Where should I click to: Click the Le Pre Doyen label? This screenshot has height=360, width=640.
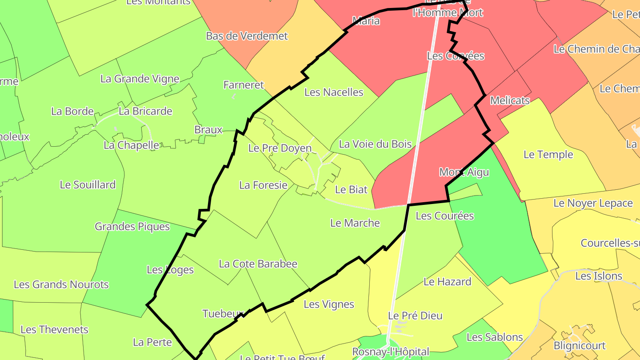click(x=280, y=148)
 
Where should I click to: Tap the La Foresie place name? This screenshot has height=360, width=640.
click(x=263, y=185)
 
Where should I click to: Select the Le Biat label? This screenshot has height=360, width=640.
click(x=351, y=189)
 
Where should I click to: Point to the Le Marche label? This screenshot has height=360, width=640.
click(x=355, y=223)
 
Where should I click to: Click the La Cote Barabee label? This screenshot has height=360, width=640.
click(x=258, y=264)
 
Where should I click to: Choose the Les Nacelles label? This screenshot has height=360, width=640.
click(x=333, y=92)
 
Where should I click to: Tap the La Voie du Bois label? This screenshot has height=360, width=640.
click(x=375, y=144)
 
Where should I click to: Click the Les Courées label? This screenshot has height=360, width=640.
click(x=444, y=216)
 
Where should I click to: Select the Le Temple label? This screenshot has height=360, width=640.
click(x=548, y=154)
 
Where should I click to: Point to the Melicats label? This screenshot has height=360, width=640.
click(x=510, y=100)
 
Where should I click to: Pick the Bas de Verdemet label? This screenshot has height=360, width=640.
click(x=247, y=36)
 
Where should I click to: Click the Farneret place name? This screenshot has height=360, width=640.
click(x=244, y=84)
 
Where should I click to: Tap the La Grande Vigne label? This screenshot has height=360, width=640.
click(x=140, y=79)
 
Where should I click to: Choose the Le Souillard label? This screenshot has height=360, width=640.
click(x=88, y=184)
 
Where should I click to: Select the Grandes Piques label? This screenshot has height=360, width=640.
click(x=132, y=226)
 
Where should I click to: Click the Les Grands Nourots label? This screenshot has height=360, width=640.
click(x=61, y=284)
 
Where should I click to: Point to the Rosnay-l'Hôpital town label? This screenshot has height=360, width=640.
click(x=390, y=352)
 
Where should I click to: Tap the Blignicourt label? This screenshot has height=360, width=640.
click(x=579, y=345)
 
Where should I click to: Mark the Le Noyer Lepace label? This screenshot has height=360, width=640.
click(x=592, y=203)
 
